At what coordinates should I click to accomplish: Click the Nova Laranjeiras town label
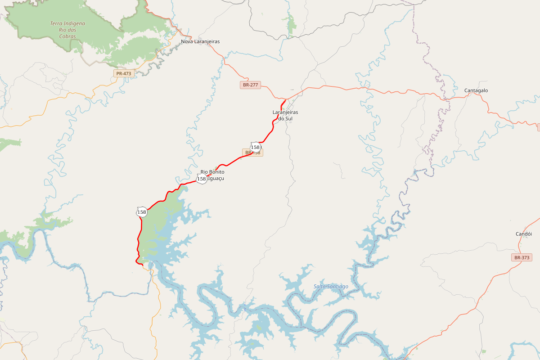pyautogui.click(x=200, y=41)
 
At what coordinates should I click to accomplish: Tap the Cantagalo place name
pyautogui.click(x=476, y=90)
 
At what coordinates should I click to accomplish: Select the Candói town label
pyautogui.click(x=524, y=234)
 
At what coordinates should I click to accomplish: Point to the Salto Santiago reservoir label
pyautogui.click(x=331, y=287)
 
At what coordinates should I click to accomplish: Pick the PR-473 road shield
pyautogui.click(x=124, y=73)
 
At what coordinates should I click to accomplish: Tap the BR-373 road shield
pyautogui.click(x=522, y=258)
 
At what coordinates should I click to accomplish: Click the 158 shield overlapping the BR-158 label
pyautogui.click(x=255, y=147)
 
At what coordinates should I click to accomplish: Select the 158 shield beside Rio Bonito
pyautogui.click(x=202, y=179)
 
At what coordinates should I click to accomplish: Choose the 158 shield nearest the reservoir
pyautogui.click(x=142, y=211)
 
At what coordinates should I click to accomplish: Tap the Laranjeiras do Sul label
pyautogui.click(x=285, y=115)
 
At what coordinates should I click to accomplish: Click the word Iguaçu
pyautogui.click(x=215, y=178)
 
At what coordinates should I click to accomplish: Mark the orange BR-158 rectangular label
pyautogui.click(x=253, y=153)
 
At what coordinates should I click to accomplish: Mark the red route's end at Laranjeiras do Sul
pyautogui.click(x=287, y=99)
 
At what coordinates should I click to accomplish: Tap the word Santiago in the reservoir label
pyautogui.click(x=338, y=287)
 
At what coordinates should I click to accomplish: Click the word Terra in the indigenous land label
pyautogui.click(x=56, y=23)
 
